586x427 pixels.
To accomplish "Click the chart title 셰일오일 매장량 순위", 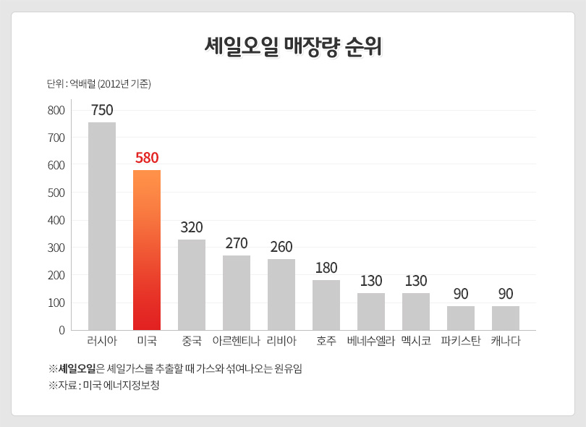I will click(292, 46).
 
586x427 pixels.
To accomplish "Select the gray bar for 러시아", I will click(102, 226).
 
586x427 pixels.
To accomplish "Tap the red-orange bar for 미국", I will click(147, 250).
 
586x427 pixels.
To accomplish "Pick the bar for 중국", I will click(192, 284).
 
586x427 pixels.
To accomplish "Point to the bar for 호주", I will click(326, 305).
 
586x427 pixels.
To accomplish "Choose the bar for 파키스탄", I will click(461, 318).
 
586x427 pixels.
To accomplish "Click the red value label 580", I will click(147, 158).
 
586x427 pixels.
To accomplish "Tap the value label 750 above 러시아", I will click(102, 110).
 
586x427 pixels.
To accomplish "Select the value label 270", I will click(237, 243).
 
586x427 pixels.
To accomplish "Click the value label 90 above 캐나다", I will click(506, 294).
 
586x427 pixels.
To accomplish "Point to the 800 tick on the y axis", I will click(56, 111).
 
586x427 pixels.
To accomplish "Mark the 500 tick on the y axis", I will click(56, 193).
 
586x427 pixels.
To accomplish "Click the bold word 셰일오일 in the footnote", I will click(77, 368).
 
